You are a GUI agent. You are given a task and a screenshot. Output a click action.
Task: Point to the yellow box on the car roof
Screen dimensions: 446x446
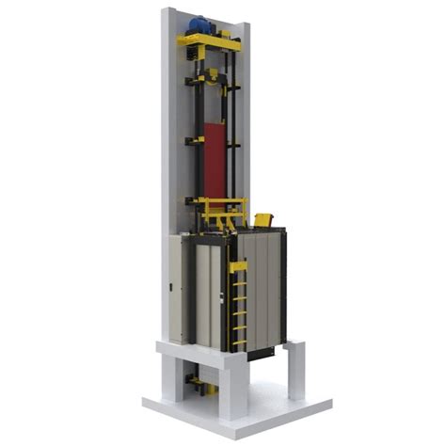pos(263,220)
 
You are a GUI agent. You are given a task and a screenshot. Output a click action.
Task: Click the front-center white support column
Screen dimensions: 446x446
pos(233,386)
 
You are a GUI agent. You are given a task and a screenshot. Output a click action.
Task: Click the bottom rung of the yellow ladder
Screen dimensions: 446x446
pos(240,341)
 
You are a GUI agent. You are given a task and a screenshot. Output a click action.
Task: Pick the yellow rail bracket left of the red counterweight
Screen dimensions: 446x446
pos(195,141)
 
